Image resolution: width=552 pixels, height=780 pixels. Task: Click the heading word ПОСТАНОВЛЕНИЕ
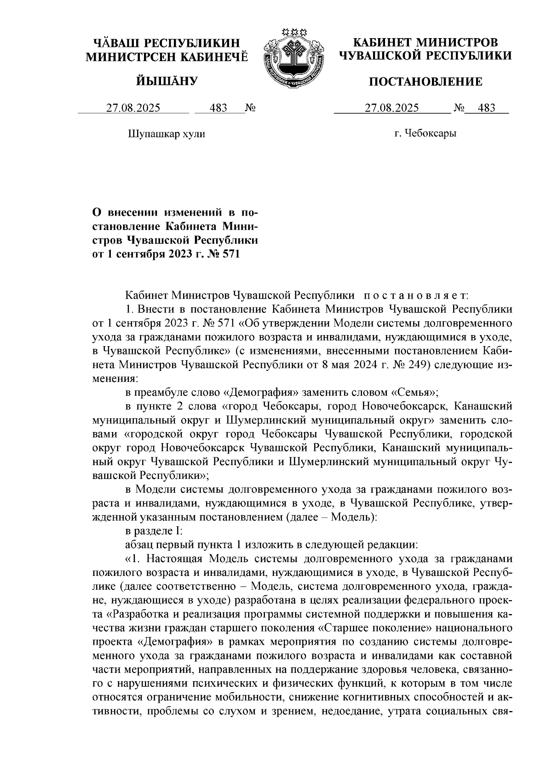pyautogui.click(x=426, y=82)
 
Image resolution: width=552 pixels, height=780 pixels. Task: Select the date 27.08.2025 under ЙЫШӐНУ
pyautogui.click(x=133, y=108)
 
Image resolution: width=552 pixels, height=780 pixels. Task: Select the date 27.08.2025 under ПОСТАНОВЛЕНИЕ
pyautogui.click(x=391, y=108)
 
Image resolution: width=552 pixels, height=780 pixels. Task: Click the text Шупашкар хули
pyautogui.click(x=166, y=134)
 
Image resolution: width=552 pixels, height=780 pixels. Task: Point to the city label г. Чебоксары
pyautogui.click(x=425, y=134)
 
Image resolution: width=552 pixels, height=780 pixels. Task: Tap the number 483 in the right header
pyautogui.click(x=487, y=108)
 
